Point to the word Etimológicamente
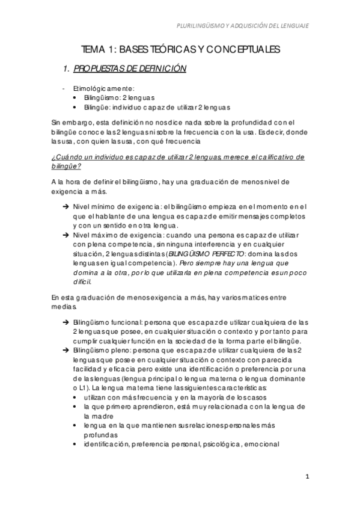pos(99,88)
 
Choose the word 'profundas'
pos(100,435)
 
